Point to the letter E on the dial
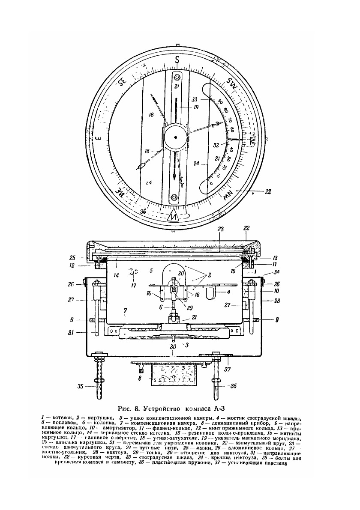pos(98,138)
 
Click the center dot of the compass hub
pos(176,137)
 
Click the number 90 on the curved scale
pos(220,101)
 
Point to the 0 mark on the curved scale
pos(210,183)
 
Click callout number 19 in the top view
pos(196,107)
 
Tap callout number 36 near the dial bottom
pos(142,211)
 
